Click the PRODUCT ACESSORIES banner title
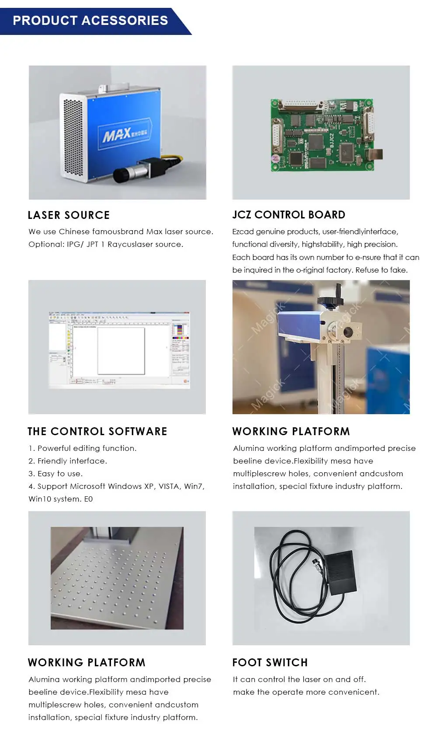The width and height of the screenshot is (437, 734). tap(90, 21)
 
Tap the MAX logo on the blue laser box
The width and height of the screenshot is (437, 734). tap(117, 135)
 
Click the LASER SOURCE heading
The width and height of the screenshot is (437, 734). tap(69, 215)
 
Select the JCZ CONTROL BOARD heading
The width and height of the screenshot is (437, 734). tap(288, 215)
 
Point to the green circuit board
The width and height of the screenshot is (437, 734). tap(323, 135)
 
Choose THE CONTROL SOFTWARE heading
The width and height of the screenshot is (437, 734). tap(97, 431)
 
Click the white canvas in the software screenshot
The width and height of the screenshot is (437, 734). tap(121, 351)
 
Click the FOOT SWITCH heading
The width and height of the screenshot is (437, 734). tap(270, 662)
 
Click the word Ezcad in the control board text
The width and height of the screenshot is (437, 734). tap(243, 232)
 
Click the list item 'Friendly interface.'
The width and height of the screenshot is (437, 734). tap(72, 461)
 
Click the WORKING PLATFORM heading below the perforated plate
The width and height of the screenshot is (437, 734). tap(87, 662)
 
